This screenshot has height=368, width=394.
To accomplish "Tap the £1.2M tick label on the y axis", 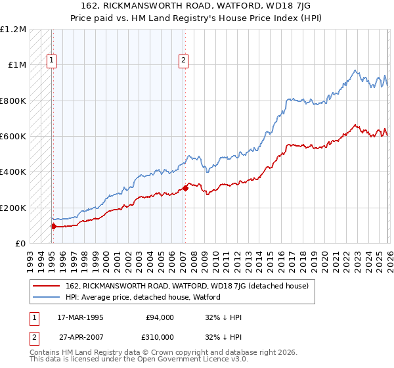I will click(13, 30).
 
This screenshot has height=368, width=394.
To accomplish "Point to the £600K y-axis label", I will click(13, 137).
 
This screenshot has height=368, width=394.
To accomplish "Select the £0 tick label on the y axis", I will click(20, 244).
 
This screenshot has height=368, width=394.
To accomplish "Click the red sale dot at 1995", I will click(53, 227).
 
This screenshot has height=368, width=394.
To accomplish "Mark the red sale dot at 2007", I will click(185, 189).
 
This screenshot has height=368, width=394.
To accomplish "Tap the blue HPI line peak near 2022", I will click(355, 70).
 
